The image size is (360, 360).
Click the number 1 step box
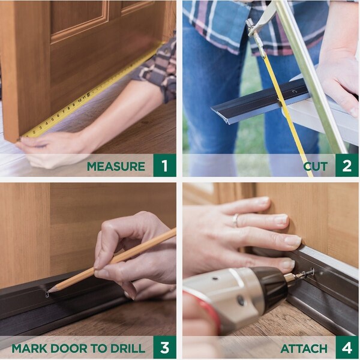(164, 165)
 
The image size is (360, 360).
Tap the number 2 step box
(347, 165)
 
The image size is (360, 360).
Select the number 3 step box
(164, 347)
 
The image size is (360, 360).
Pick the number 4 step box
(347, 347)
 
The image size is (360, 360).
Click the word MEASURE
(116, 166)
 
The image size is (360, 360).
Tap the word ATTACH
(305, 349)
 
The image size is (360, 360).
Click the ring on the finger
(236, 220)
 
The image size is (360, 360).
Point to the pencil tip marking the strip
(49, 291)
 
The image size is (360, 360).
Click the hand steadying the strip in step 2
(336, 78)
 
